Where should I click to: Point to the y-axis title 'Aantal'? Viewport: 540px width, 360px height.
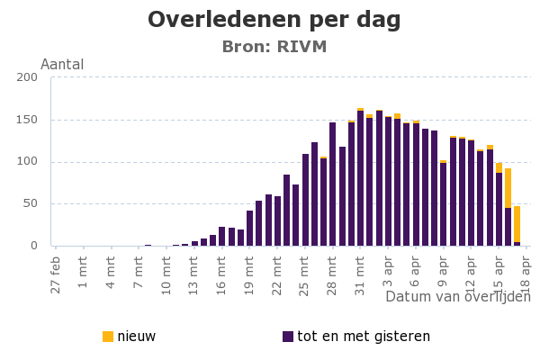coord(62,65)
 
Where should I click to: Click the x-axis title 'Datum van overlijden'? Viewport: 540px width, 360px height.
coord(457,296)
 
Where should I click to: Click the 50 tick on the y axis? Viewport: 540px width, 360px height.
coord(30,203)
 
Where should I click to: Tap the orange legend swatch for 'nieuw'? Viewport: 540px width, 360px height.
coord(108,337)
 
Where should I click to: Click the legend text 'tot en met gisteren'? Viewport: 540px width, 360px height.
coord(364,337)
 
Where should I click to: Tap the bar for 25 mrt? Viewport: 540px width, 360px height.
coord(305,200)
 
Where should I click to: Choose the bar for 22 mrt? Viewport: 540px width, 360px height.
coord(277,220)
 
